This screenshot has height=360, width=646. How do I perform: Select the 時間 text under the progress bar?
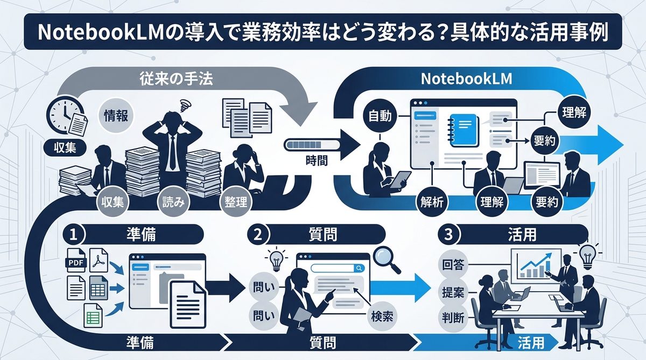pos(315,160)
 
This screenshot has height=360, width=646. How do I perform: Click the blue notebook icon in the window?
pos(464,128)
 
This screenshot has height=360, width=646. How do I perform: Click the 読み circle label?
pos(173,203)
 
